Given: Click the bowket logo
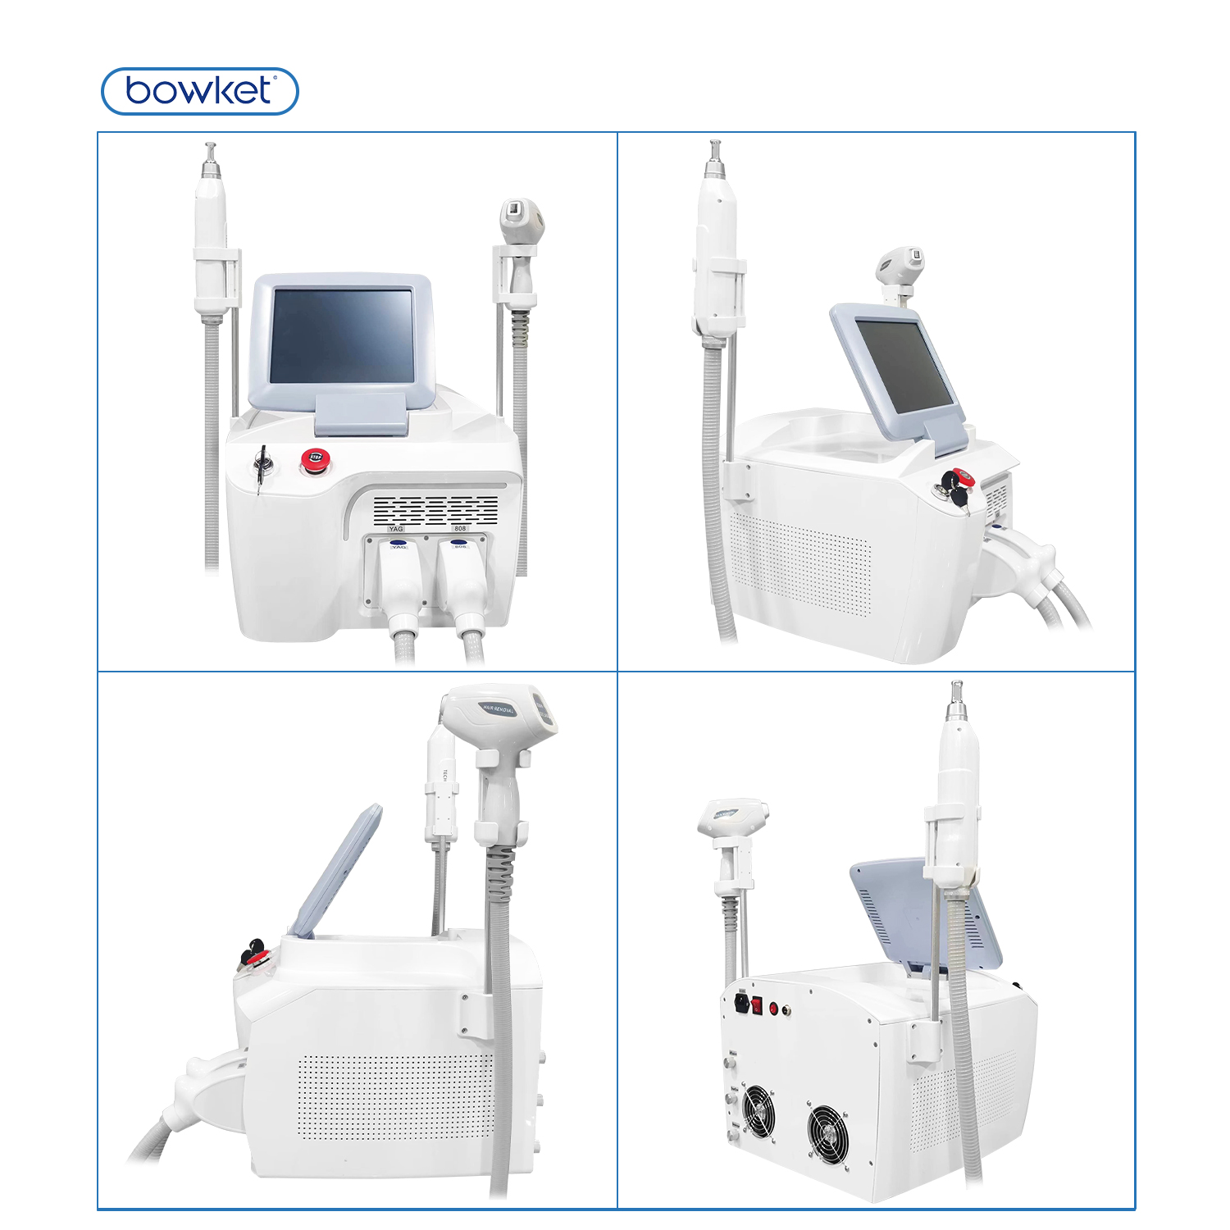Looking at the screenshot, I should pyautogui.click(x=199, y=91).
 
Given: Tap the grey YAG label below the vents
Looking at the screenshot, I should pyautogui.click(x=396, y=529).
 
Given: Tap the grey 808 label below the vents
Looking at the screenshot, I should pyautogui.click(x=460, y=529).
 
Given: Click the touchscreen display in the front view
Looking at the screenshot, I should pyautogui.click(x=342, y=335).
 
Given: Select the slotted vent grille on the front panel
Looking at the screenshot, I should pyautogui.click(x=435, y=510).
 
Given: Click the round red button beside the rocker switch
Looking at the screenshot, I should pyautogui.click(x=773, y=1009).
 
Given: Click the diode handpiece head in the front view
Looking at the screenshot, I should pyautogui.click(x=523, y=218).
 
